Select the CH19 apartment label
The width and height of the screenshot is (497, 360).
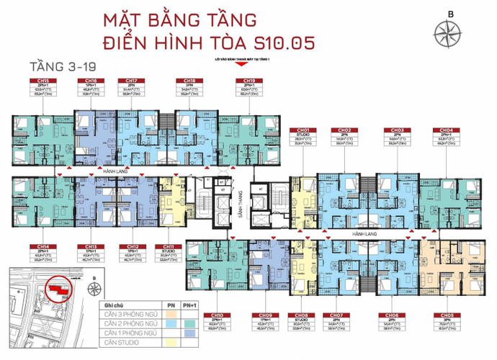(x=248, y=81)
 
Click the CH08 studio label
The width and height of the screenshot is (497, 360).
(x=301, y=315)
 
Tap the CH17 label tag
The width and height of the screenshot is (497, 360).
(x=132, y=81)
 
